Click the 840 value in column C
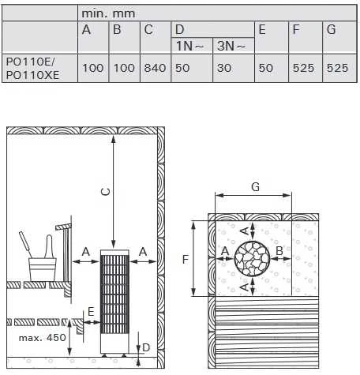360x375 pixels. pyautogui.click(x=155, y=68)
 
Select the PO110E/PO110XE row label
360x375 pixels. pyautogui.click(x=32, y=69)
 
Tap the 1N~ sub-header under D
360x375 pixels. pyautogui.click(x=189, y=46)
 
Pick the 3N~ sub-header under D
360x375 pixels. pyautogui.click(x=231, y=46)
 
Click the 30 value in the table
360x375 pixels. pyautogui.click(x=224, y=68)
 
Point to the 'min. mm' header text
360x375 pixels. pyautogui.click(x=108, y=13)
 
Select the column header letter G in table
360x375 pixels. pyautogui.click(x=331, y=29)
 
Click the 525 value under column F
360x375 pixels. pyautogui.click(x=303, y=68)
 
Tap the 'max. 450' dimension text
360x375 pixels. pyautogui.click(x=42, y=337)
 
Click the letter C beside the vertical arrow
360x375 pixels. pyautogui.click(x=106, y=192)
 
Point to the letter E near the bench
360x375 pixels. pyautogui.click(x=91, y=312)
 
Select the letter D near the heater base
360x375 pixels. pyautogui.click(x=146, y=347)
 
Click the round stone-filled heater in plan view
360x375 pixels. pyautogui.click(x=253, y=258)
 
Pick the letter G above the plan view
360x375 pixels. pyautogui.click(x=255, y=186)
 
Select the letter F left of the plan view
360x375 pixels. pyautogui.click(x=186, y=260)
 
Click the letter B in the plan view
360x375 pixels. pyautogui.click(x=279, y=251)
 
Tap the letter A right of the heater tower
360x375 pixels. pyautogui.click(x=143, y=252)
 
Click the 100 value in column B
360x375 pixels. pyautogui.click(x=124, y=68)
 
